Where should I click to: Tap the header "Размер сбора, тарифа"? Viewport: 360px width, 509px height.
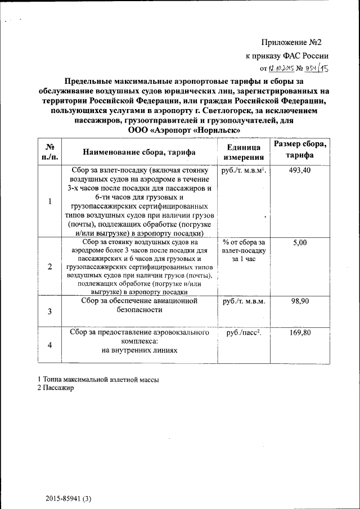pyautogui.click(x=299, y=150)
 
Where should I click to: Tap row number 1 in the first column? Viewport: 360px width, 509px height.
pyautogui.click(x=50, y=201)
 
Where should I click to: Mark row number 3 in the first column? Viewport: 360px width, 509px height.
pyautogui.click(x=50, y=312)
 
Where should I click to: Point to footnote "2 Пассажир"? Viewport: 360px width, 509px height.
pyautogui.click(x=55, y=388)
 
